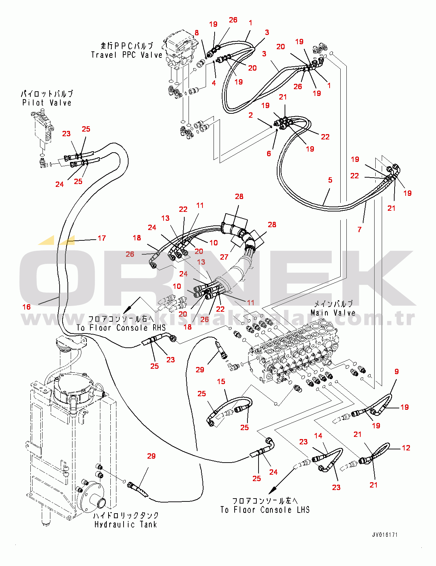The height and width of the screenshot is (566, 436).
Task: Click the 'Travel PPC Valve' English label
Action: (126, 55)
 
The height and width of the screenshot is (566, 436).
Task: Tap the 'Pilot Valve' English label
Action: (47, 103)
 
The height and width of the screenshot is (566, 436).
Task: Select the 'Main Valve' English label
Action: (333, 313)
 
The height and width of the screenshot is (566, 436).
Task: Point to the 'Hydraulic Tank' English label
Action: (126, 524)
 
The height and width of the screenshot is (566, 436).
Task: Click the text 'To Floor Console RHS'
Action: (121, 328)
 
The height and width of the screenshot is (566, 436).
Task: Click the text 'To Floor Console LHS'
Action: (265, 510)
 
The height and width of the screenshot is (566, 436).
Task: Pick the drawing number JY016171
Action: (385, 535)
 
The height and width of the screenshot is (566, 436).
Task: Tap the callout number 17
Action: (102, 238)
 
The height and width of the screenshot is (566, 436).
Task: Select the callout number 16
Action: (27, 307)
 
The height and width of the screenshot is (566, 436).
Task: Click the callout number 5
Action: (330, 180)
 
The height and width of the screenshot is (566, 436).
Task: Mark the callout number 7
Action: (360, 230)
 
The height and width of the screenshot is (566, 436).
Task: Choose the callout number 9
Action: (397, 372)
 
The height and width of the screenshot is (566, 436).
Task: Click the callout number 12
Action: (406, 448)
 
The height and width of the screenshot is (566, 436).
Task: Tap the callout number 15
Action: (221, 382)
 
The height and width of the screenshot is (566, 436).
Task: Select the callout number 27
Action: (224, 257)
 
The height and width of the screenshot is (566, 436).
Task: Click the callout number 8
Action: (197, 33)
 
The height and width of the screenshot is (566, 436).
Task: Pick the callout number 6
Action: (269, 153)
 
